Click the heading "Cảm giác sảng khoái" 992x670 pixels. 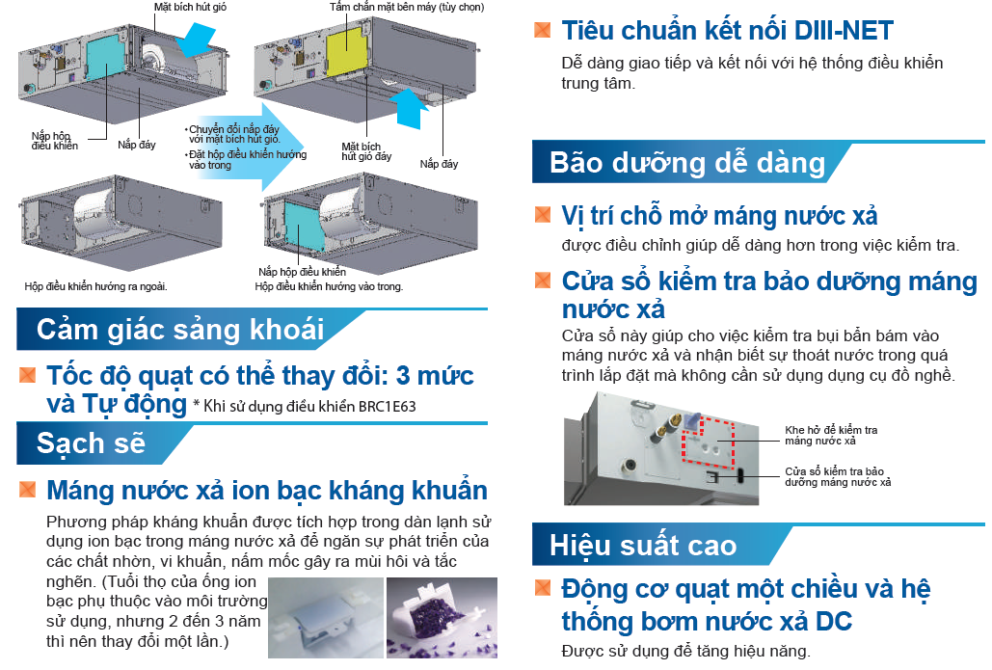point(180,330)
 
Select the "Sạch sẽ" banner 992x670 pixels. point(91,443)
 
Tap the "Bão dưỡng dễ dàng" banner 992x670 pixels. point(687,162)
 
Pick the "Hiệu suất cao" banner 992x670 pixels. point(643,545)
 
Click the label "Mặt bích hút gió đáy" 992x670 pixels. point(366,150)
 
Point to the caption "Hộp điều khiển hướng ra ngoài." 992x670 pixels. point(95,286)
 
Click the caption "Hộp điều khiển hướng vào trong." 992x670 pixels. point(329,286)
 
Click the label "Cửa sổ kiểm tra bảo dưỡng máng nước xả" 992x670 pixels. point(835,476)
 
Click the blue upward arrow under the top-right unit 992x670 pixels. point(411,106)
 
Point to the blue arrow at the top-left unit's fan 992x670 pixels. point(205,39)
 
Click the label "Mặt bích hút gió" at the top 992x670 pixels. point(191,7)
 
